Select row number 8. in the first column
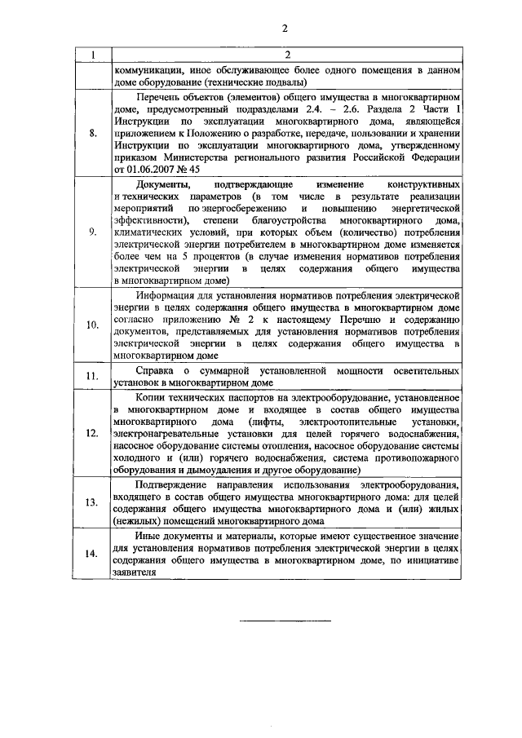pyautogui.click(x=92, y=133)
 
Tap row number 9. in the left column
pyautogui.click(x=92, y=232)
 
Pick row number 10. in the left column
pyautogui.click(x=92, y=324)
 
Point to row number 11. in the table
pyautogui.click(x=92, y=376)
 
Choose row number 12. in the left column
pyautogui.click(x=92, y=434)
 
